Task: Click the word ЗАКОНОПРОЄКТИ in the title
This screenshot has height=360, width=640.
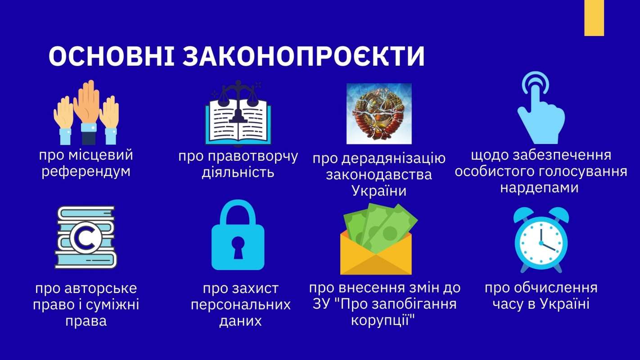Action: [304, 56]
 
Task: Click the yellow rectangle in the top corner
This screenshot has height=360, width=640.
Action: [594, 18]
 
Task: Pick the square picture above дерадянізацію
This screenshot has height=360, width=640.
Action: [379, 114]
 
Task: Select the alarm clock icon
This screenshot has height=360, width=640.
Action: [541, 239]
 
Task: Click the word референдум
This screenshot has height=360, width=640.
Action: [86, 172]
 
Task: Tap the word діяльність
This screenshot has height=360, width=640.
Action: [238, 172]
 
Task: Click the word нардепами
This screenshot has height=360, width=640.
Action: [540, 188]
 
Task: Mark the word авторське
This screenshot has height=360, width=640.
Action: [100, 288]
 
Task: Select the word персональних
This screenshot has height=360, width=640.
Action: [241, 305]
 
